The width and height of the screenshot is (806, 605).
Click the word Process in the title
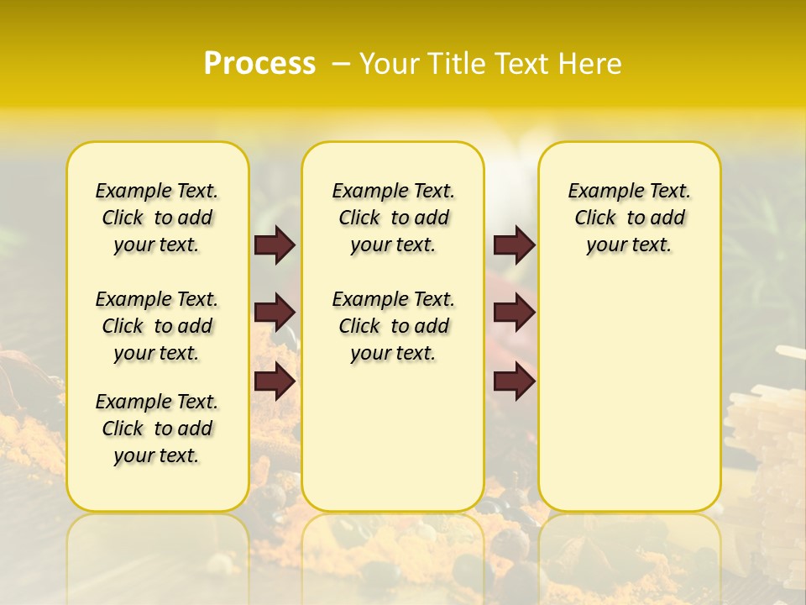point(259,64)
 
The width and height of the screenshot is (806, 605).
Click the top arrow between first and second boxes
point(275,245)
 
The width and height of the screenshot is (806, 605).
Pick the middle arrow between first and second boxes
point(275,313)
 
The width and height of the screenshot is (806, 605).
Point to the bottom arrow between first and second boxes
point(275,381)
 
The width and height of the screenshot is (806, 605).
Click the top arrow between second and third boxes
point(514,245)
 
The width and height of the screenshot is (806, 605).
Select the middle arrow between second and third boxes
point(514,313)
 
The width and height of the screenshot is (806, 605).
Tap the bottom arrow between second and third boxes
point(514,381)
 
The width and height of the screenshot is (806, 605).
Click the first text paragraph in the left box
point(157,218)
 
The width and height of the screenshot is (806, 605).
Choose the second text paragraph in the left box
point(157,326)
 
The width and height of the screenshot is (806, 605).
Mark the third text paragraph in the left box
point(157,429)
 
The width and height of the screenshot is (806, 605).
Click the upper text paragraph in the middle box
point(393,218)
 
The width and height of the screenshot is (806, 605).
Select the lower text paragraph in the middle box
point(393,326)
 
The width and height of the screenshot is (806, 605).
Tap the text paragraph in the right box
point(629,218)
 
